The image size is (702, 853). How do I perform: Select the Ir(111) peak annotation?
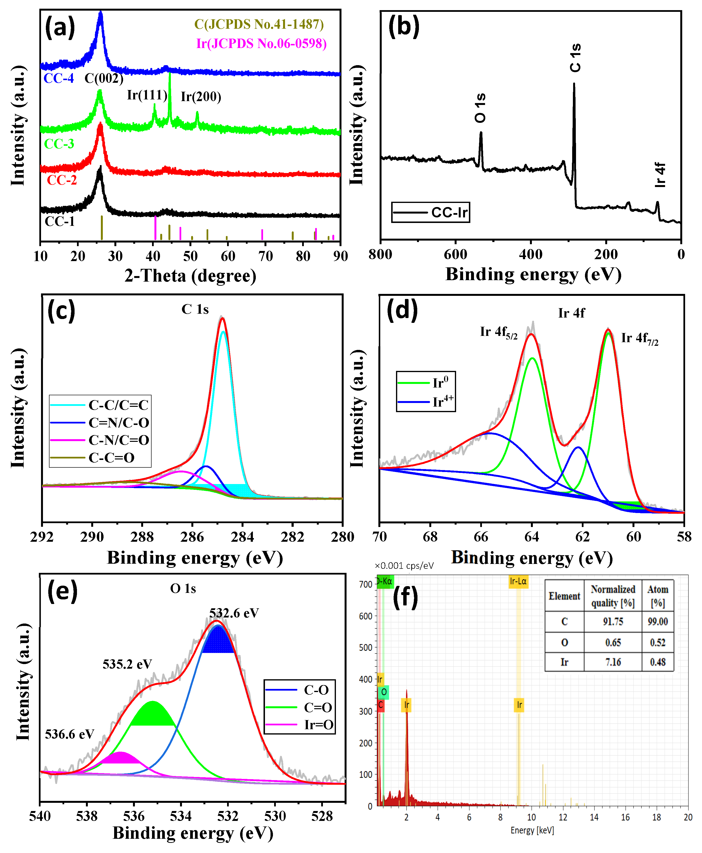click(147, 95)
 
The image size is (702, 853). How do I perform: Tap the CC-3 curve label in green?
click(59, 144)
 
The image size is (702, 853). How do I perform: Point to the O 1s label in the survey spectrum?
click(480, 108)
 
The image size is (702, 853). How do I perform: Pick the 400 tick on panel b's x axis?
click(531, 254)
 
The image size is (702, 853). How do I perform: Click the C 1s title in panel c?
click(195, 309)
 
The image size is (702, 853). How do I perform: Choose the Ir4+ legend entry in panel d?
click(442, 402)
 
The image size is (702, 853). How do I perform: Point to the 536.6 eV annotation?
click(70, 734)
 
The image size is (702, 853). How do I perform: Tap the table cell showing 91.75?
click(613, 621)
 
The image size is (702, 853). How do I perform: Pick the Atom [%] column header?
click(658, 596)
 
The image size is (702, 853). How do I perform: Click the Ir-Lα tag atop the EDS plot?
click(518, 581)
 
